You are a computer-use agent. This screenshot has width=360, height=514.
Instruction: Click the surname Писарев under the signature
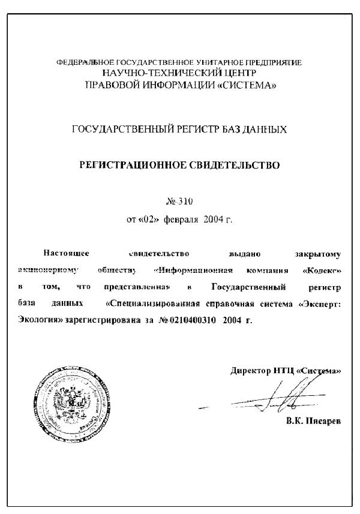click(322, 422)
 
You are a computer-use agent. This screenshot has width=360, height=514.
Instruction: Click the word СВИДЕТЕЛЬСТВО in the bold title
click(230, 164)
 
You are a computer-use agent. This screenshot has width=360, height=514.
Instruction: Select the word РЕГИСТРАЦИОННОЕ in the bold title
click(128, 164)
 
